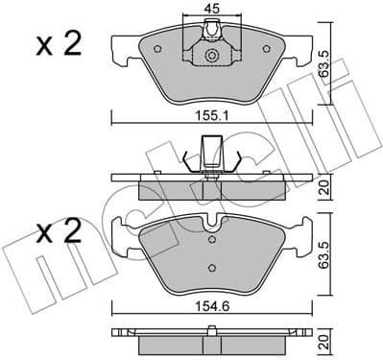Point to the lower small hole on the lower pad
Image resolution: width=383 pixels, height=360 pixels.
[x=210, y=270]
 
